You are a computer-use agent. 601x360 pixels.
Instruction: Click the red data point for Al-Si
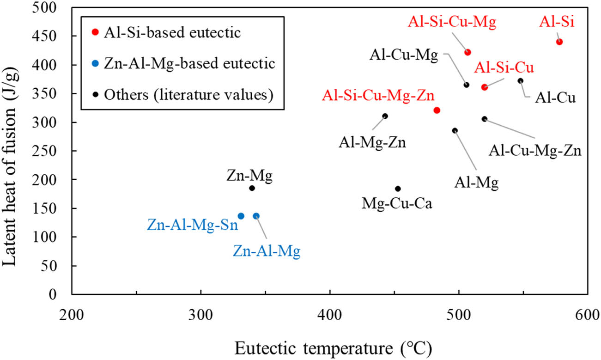[559, 42]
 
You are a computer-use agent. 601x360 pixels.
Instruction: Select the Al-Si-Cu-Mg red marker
[467, 52]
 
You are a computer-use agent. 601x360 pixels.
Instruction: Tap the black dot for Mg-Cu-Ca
[398, 189]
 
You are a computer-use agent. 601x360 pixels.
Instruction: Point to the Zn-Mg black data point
[252, 188]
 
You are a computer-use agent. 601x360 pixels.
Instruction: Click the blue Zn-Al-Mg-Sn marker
[241, 216]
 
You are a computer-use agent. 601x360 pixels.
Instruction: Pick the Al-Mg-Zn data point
[385, 116]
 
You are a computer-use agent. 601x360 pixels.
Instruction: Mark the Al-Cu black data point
[521, 80]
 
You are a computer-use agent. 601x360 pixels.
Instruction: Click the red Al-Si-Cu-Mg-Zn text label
[378, 96]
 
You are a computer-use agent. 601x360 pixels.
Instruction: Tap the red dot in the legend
[95, 32]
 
